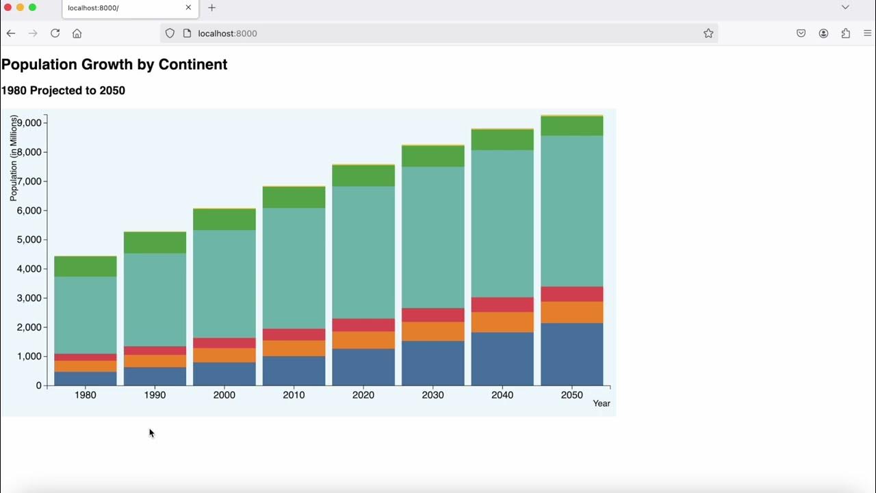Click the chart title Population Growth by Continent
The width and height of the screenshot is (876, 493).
coord(114,64)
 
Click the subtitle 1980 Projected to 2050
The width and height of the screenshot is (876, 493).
coord(63,90)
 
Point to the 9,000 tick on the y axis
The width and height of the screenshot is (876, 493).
coord(28,123)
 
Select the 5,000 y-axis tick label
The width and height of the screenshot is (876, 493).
coord(28,240)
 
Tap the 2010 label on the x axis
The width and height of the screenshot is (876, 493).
coord(294,395)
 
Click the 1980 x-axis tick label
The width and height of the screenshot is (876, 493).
coord(86,395)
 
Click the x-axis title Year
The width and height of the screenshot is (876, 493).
coord(601,403)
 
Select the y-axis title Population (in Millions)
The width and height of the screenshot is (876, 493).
coord(14,157)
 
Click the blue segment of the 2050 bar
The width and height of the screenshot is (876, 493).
coord(571,354)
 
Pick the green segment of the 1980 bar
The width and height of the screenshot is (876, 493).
coord(86,266)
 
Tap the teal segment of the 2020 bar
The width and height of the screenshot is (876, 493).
coord(363,252)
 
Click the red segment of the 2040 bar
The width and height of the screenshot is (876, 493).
coord(502,305)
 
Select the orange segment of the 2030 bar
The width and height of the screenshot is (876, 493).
coord(433,331)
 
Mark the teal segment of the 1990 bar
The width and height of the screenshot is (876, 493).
coord(155,299)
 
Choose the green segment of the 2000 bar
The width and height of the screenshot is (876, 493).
coord(224,220)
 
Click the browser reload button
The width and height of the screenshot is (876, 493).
coord(55,34)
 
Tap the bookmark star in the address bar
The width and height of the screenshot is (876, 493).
coord(708,34)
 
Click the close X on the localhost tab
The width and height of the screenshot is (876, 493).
coord(188,8)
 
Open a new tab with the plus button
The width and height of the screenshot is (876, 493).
coord(211,8)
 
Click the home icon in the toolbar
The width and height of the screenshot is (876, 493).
coord(77,34)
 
